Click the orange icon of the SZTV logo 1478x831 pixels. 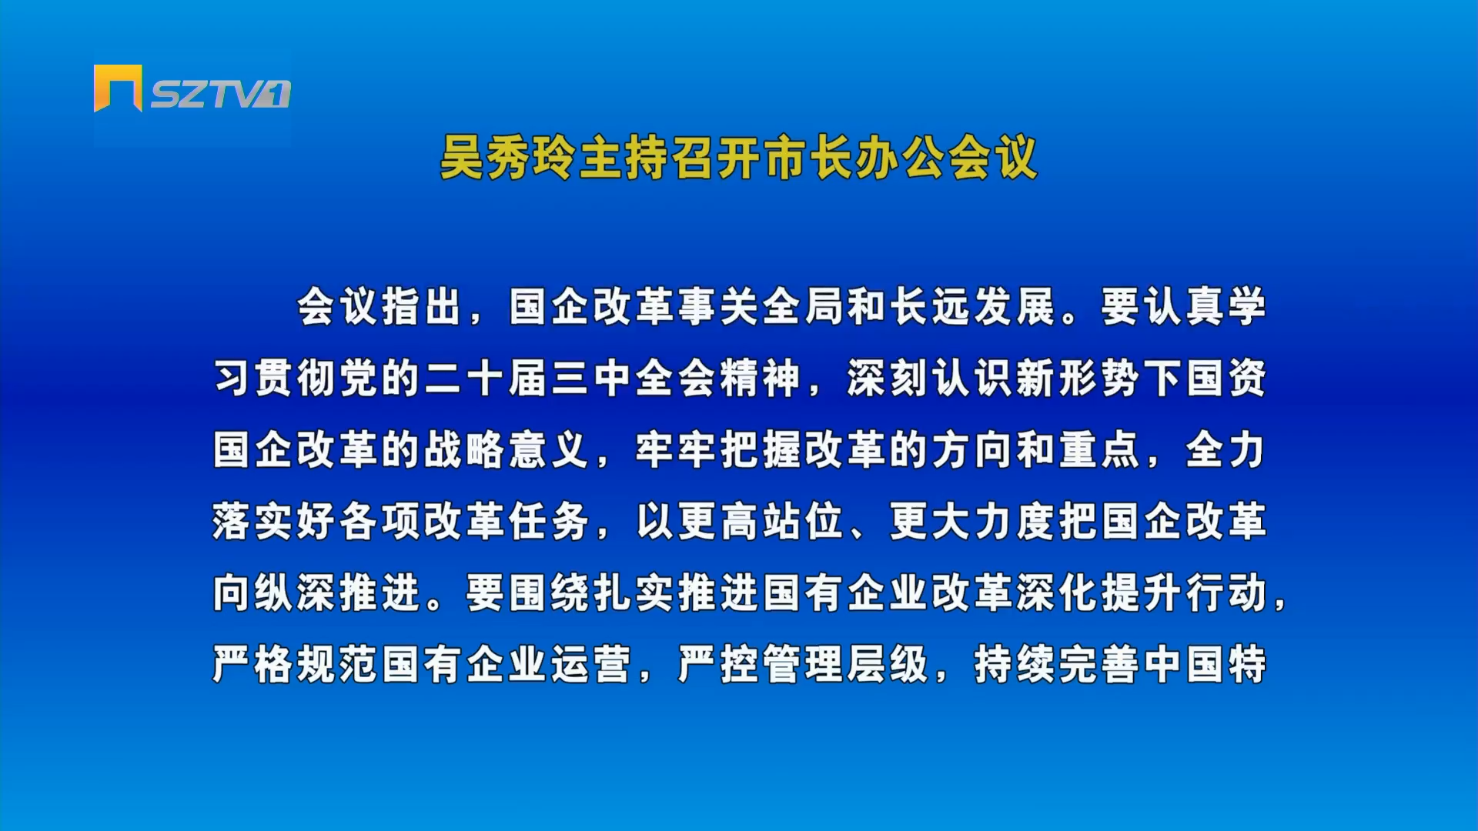click(118, 88)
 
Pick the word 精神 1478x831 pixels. click(760, 378)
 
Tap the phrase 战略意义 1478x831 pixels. click(506, 449)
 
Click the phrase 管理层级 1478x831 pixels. click(844, 664)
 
